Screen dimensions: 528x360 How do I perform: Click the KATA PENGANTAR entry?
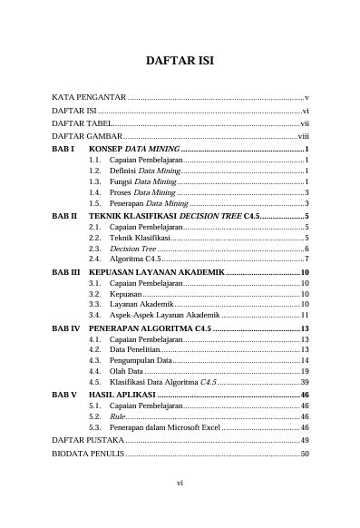88,96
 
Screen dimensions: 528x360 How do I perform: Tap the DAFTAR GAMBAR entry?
86,134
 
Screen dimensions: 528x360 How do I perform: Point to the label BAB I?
62,147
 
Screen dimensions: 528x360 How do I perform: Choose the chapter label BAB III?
65,272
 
